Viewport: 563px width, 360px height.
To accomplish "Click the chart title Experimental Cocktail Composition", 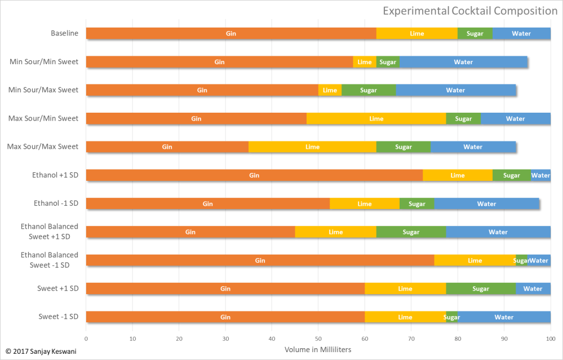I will point(470,11).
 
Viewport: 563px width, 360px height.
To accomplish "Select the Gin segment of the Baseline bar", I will point(231,34).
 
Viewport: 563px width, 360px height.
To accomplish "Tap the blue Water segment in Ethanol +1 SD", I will point(540,175).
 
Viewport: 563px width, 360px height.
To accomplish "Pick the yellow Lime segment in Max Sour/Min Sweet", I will point(376,119).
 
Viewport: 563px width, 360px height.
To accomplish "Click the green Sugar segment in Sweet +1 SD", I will point(481,289).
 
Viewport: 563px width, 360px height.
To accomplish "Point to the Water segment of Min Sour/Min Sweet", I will point(463,62).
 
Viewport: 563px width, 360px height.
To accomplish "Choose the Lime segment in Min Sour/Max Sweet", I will point(330,90).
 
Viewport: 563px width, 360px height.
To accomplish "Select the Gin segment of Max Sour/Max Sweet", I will point(167,147).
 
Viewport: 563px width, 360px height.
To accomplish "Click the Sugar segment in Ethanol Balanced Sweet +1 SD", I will point(411,232).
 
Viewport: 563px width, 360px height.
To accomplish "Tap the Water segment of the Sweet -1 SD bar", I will point(504,317).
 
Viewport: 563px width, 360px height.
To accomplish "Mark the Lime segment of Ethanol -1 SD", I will point(364,204).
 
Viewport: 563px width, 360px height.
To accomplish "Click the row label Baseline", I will point(64,33).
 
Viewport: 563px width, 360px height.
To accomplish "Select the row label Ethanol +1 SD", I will point(55,175).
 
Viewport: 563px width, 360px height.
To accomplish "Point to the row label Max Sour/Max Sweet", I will point(43,147).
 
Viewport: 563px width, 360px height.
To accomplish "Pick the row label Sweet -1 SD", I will point(58,317).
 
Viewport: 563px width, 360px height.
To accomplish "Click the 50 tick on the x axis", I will point(318,339).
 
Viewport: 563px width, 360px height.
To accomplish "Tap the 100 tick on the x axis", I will point(550,339).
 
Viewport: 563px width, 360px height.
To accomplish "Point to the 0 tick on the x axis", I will point(86,339).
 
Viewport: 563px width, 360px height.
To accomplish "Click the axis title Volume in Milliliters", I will point(318,350).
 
